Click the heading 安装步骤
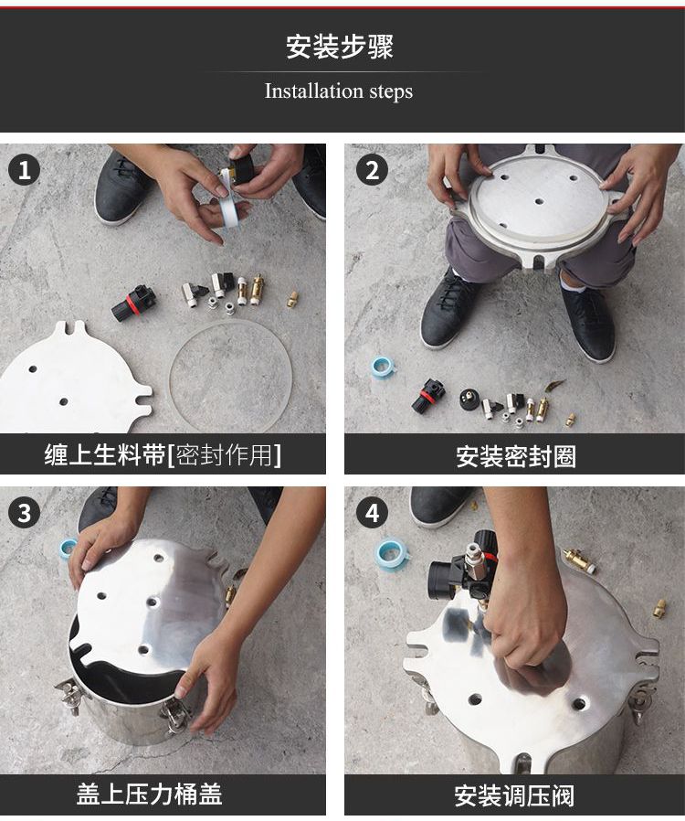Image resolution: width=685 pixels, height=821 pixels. [340, 48]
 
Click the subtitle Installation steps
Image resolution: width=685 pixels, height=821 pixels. [338, 91]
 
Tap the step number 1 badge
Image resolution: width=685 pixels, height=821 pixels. [24, 170]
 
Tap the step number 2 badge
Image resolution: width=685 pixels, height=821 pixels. [372, 170]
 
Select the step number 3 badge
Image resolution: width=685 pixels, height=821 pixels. [24, 513]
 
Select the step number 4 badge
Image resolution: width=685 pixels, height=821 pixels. [372, 513]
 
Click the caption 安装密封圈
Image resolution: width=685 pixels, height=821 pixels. [516, 456]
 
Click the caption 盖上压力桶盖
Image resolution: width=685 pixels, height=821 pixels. [150, 794]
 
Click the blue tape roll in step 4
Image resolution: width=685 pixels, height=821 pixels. [391, 554]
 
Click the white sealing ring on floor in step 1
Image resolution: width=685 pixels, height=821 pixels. [229, 377]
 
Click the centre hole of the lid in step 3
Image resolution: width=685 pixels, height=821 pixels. [153, 602]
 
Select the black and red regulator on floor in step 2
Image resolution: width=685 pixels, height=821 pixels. [428, 395]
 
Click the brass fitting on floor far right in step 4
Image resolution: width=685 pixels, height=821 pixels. [660, 609]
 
